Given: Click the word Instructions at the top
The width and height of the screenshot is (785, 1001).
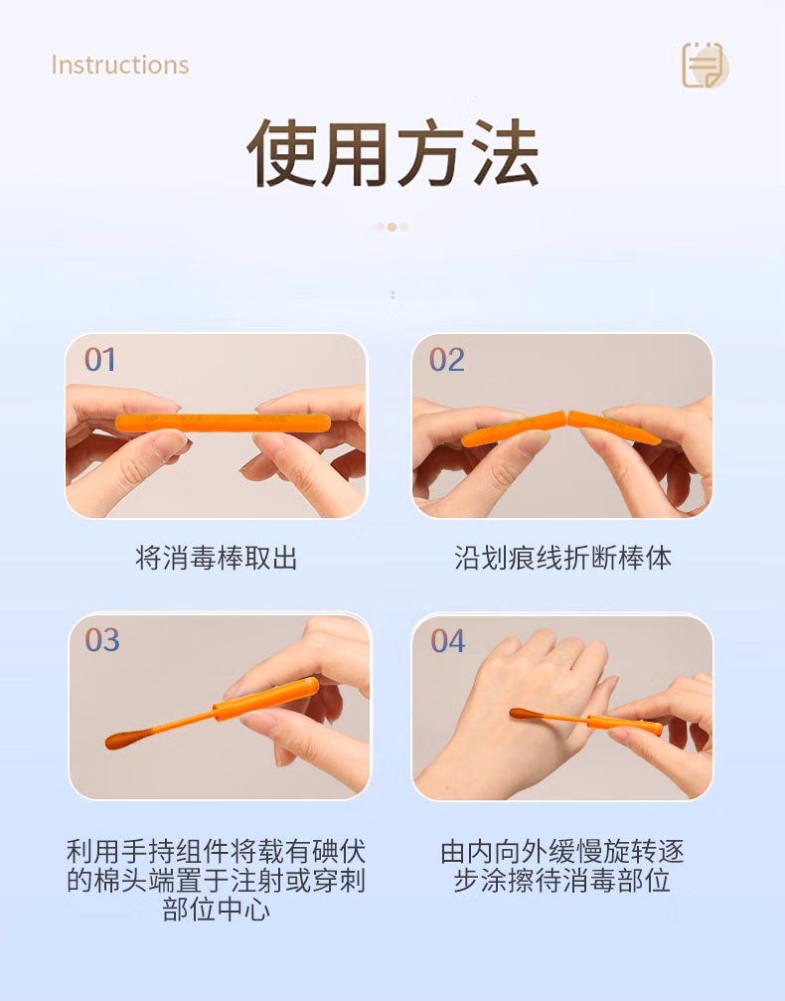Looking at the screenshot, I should (x=119, y=66).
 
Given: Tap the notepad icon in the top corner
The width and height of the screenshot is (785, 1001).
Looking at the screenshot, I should (x=704, y=66).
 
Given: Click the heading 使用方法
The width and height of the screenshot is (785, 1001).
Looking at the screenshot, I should (x=392, y=154).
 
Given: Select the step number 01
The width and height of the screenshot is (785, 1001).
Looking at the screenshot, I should (x=100, y=360).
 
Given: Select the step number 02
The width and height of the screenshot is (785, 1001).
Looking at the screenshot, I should (x=447, y=360).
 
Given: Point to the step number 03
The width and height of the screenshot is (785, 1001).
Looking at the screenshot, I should (x=101, y=640).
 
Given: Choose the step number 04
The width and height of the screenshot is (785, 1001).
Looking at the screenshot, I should (x=448, y=641).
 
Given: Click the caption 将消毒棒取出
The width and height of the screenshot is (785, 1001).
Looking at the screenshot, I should (x=216, y=559).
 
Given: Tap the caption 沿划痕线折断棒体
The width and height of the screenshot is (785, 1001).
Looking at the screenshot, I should (x=562, y=559).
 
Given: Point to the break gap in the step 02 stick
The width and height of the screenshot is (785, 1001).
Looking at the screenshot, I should (x=563, y=417).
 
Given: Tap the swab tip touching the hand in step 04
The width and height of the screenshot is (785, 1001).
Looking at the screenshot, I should (x=521, y=713).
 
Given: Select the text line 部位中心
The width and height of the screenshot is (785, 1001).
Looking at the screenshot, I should (x=216, y=910).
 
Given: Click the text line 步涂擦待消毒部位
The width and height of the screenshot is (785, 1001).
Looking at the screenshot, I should (x=562, y=881).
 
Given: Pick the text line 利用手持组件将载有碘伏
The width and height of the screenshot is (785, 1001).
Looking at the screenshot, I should (x=216, y=852).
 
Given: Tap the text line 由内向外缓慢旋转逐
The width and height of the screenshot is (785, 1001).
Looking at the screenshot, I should (x=562, y=852).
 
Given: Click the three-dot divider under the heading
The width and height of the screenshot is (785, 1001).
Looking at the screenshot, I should (x=392, y=227).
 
